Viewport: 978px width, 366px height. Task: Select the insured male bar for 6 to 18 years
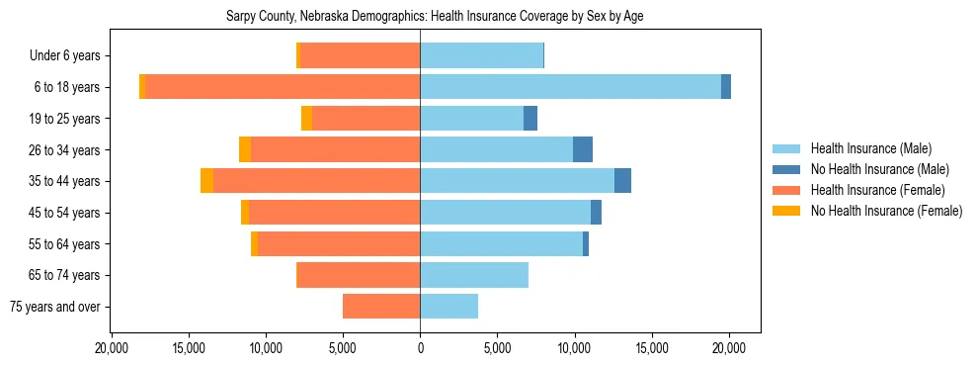coord(570,87)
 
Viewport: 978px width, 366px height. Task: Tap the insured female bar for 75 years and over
coord(381,307)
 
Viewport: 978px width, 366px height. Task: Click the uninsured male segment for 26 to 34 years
coord(583,149)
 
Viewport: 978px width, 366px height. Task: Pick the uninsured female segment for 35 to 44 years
coord(206,181)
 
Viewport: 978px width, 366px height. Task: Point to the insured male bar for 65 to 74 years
coord(474,275)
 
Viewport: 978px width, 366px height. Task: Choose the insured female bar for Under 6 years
coord(360,55)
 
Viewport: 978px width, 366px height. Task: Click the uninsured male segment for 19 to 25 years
coord(530,119)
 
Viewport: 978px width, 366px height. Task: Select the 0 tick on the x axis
coord(420,349)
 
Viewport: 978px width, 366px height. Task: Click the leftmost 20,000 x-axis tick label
coord(112,349)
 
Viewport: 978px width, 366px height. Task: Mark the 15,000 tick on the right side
coord(652,349)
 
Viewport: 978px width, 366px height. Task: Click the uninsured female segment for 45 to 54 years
coord(245,213)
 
